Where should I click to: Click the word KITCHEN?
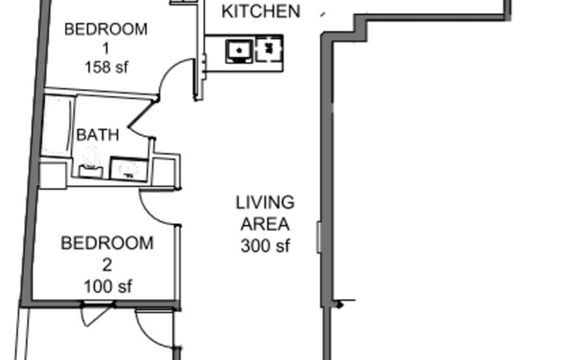coord(261,11)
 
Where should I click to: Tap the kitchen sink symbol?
coord(239,51)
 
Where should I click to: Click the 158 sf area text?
coord(106,67)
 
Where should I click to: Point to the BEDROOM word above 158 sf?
coord(106,29)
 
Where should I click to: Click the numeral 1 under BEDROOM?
coord(106,48)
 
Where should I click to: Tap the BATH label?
coord(98,135)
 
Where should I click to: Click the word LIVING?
coord(265,202)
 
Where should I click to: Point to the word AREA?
coord(265,224)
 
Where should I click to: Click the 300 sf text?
coord(265,246)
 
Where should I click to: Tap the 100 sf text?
coord(107,286)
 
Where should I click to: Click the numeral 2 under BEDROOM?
coord(107,265)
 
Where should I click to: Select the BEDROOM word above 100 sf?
coord(107,243)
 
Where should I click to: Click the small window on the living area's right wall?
coord(319,237)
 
